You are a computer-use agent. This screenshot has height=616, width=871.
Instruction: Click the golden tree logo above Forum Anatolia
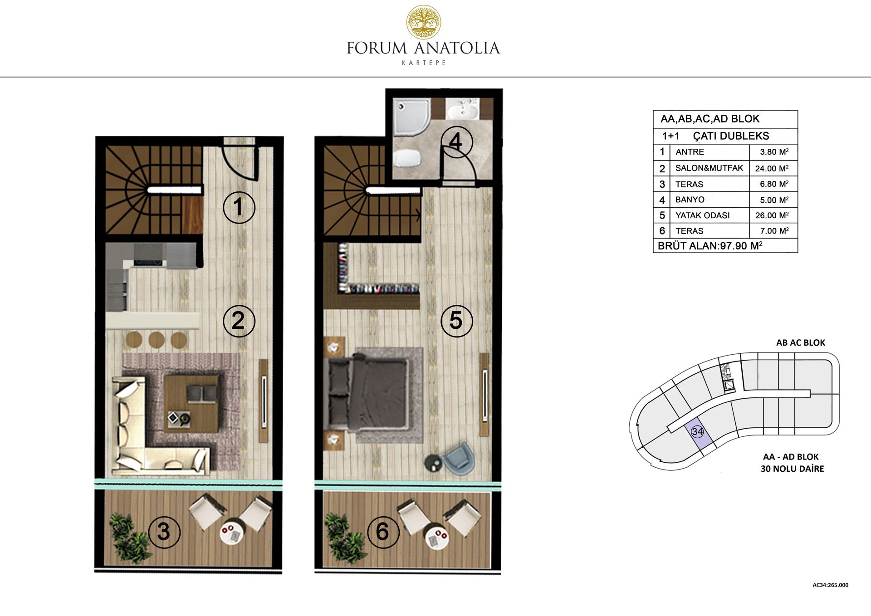423,22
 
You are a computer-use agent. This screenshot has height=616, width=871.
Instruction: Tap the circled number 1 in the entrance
239,207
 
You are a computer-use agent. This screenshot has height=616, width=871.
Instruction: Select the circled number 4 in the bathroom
456,142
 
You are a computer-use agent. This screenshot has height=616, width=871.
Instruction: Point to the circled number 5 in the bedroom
457,321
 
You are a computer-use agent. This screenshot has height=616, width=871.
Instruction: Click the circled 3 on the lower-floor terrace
164,532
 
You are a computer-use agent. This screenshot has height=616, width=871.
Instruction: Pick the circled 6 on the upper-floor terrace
383,532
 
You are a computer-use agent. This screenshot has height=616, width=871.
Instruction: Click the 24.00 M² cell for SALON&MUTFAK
772,168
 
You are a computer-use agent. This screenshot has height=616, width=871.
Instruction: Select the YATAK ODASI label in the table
702,215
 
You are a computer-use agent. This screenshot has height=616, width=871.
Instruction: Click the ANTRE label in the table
690,152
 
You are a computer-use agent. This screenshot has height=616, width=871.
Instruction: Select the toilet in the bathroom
407,159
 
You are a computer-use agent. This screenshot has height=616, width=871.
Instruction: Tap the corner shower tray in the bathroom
411,117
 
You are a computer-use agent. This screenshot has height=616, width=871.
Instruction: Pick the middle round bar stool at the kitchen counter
157,339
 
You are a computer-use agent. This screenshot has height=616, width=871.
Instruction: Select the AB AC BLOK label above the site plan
800,342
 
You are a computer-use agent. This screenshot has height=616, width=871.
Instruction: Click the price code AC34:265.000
830,585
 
